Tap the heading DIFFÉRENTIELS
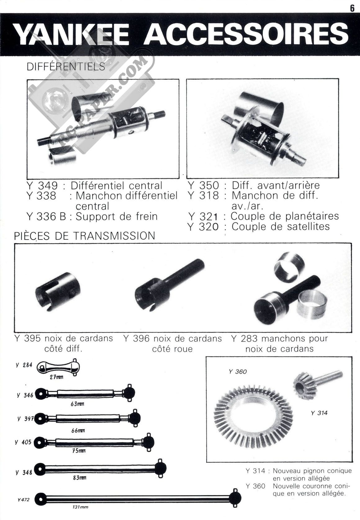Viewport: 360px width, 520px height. pos(66,66)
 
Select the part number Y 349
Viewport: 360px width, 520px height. pos(42,185)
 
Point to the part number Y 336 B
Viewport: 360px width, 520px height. pos(46,217)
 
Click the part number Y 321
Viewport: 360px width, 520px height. pos(203,217)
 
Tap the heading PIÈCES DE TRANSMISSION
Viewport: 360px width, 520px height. pos(84,236)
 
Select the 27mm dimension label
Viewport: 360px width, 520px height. pos(56,377)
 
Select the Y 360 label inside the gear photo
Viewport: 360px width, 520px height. pos(238,372)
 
